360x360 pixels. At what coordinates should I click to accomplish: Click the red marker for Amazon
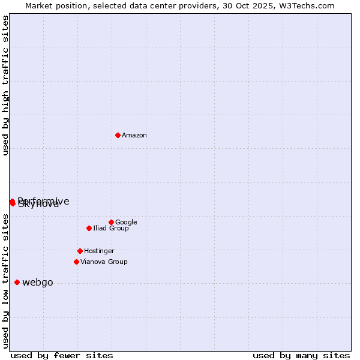pyautogui.click(x=118, y=135)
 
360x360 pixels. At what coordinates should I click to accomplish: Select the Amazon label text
pyautogui.click(x=134, y=136)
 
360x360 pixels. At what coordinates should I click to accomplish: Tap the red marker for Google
pyautogui.click(x=111, y=222)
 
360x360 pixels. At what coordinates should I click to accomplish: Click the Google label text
pyautogui.click(x=126, y=223)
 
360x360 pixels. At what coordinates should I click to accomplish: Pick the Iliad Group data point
pyautogui.click(x=89, y=228)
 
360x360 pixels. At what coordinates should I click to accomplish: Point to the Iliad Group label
pyautogui.click(x=111, y=229)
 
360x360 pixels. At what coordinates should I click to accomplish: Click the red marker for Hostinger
pyautogui.click(x=80, y=251)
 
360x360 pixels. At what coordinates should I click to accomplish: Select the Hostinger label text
pyautogui.click(x=99, y=251)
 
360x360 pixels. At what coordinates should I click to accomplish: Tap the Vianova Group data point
pyautogui.click(x=76, y=262)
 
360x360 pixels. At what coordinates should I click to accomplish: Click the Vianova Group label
pyautogui.click(x=104, y=262)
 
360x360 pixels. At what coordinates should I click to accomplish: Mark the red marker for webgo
pyautogui.click(x=17, y=282)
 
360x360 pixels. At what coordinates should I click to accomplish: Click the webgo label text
pyautogui.click(x=38, y=283)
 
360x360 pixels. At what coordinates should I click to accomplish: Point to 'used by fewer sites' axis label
pyautogui.click(x=62, y=355)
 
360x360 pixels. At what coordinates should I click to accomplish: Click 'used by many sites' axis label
pyautogui.click(x=301, y=355)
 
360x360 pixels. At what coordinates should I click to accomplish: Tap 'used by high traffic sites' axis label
pyautogui.click(x=6, y=85)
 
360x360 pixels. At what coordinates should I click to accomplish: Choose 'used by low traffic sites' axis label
pyautogui.click(x=6, y=281)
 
